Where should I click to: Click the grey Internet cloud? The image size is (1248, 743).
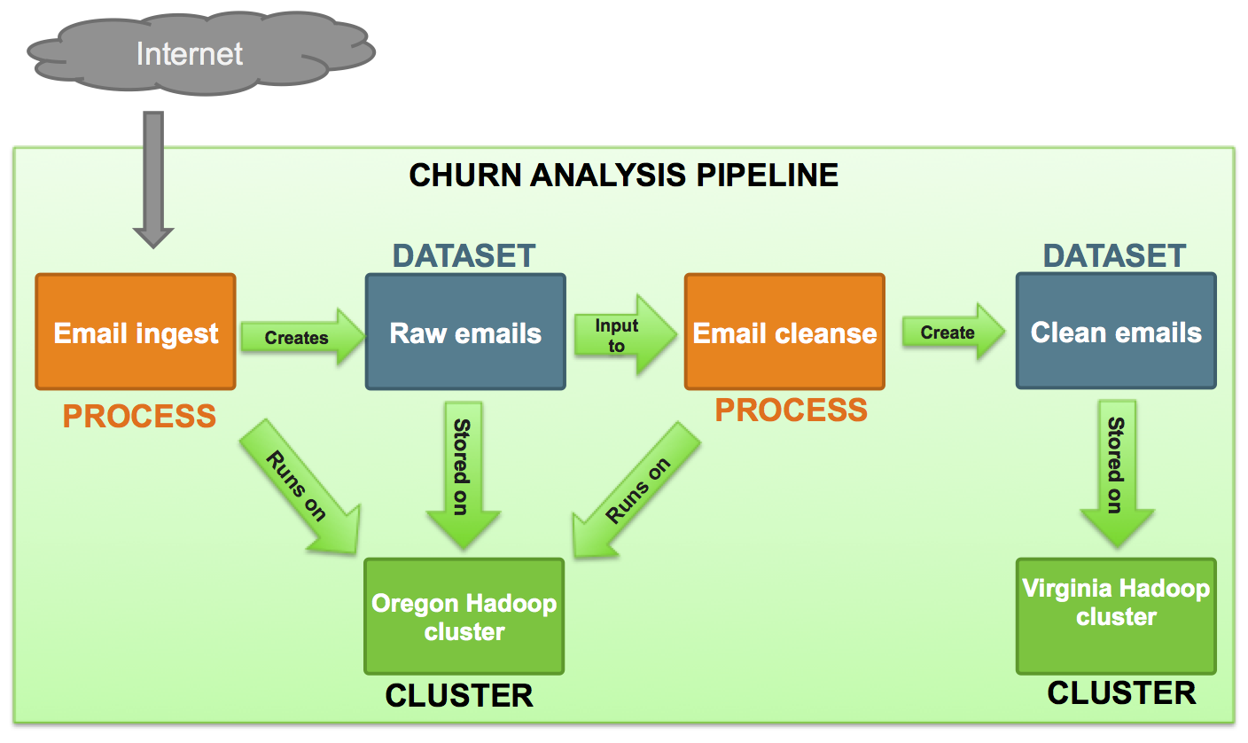click(200, 53)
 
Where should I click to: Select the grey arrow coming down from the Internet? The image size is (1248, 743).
click(153, 179)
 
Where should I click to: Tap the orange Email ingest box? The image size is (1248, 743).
click(136, 332)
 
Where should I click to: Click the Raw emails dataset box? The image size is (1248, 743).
click(465, 332)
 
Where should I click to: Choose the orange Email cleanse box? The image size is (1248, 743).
click(784, 332)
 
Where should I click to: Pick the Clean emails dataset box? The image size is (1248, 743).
click(1116, 331)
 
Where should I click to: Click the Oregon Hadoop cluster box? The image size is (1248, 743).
click(464, 616)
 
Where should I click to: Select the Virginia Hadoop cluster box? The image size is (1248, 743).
click(1116, 616)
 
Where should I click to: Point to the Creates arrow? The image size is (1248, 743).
click(302, 337)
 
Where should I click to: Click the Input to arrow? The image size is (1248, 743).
click(625, 334)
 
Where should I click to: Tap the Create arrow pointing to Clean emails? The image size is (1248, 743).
click(953, 332)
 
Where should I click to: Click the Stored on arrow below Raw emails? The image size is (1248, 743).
click(464, 475)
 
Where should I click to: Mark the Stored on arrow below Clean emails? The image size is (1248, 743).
click(1117, 473)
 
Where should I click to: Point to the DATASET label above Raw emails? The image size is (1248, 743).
click(464, 256)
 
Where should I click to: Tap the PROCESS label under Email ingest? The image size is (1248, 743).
click(139, 416)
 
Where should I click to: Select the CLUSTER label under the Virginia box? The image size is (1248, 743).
click(1121, 692)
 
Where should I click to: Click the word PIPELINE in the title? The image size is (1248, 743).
click(768, 175)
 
